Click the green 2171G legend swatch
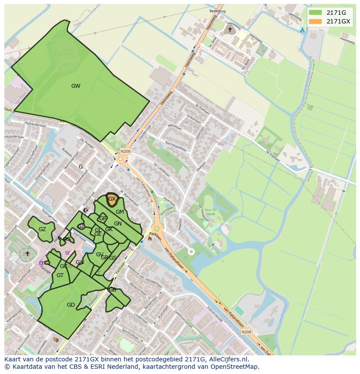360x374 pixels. coord(316,13)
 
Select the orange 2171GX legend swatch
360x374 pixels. coord(316,21)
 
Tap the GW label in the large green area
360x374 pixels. coord(76,86)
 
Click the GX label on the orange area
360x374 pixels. coord(112,199)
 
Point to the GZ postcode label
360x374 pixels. coord(42,229)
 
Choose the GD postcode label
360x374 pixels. coord(71,305)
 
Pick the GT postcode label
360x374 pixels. coord(60,275)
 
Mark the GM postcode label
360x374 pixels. coord(120,212)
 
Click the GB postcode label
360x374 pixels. coord(112,290)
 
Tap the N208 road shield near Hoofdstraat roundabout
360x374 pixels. coord(125,151)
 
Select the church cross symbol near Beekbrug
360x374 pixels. coord(230,30)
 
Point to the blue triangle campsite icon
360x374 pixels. coord(302,30)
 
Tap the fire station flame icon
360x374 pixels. coord(150,238)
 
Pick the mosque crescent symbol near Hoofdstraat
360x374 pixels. coord(85,210)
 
